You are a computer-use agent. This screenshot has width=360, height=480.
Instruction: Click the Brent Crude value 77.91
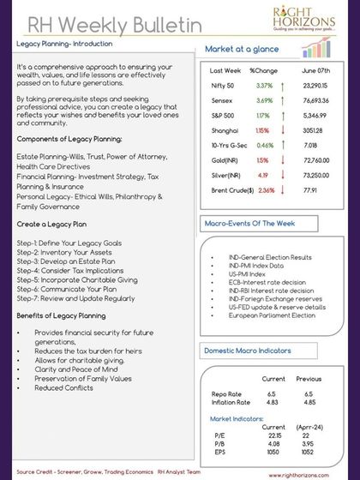point(310,189)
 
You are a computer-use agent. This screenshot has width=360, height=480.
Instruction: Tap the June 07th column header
point(317,70)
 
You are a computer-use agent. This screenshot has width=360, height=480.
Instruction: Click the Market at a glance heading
point(241,49)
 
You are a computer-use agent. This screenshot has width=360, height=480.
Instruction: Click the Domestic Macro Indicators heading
point(249,351)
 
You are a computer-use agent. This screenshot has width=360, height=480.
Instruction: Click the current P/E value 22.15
point(274,435)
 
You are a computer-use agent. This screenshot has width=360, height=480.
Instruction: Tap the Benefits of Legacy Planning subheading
point(61,316)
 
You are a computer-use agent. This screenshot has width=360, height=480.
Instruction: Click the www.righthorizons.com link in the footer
point(315,471)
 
